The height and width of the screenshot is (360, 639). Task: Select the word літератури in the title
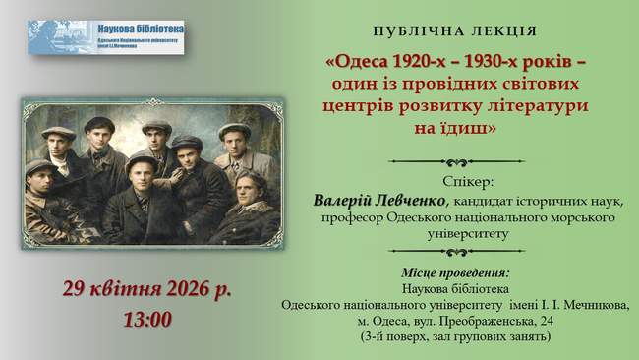533,105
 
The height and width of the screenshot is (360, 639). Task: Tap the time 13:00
147,319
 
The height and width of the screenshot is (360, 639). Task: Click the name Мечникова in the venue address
590,305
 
